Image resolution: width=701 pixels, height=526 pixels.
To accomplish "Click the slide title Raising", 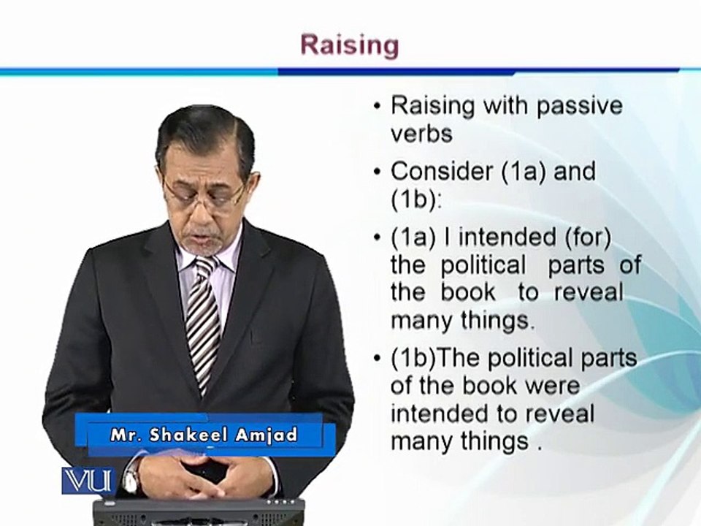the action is tap(350, 46).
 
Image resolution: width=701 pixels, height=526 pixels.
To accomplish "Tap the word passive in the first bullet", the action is tap(579, 106).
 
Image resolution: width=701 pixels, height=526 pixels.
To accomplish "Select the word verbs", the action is tap(421, 133).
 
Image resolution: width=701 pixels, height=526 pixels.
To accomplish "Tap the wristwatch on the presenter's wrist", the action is tap(130, 478).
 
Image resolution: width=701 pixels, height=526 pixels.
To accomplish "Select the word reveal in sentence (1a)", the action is tap(589, 293).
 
